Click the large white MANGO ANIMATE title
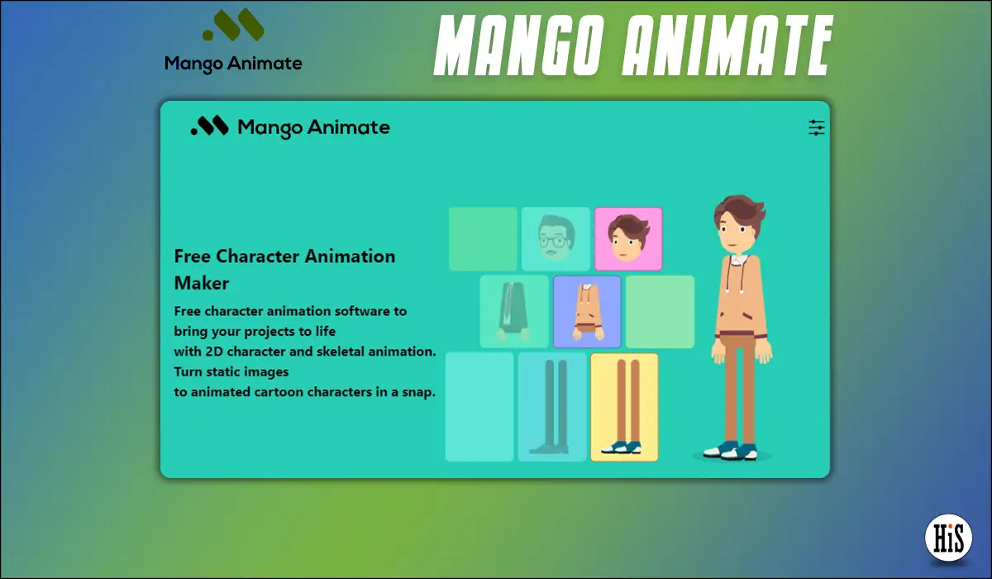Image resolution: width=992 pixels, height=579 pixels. [x=633, y=45]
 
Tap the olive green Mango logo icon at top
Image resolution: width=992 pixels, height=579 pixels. [x=233, y=25]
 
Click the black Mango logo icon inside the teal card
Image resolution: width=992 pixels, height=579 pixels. [x=209, y=126]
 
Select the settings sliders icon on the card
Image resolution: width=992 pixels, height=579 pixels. [x=816, y=127]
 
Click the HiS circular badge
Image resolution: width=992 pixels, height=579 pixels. [x=948, y=538]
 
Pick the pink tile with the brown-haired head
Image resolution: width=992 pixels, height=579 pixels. [x=628, y=239]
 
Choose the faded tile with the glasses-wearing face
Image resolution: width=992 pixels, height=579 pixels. [x=556, y=239]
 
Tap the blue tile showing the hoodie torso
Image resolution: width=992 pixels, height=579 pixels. [x=587, y=312]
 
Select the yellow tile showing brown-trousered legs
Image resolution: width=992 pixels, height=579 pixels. [x=624, y=407]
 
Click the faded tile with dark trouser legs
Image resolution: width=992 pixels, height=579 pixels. [x=552, y=407]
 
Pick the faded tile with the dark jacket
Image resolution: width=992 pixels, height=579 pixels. [x=513, y=312]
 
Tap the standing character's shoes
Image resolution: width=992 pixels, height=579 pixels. [x=730, y=451]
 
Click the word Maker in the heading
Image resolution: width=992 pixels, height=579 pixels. [x=202, y=284]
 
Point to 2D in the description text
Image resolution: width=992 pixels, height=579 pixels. [x=214, y=352]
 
